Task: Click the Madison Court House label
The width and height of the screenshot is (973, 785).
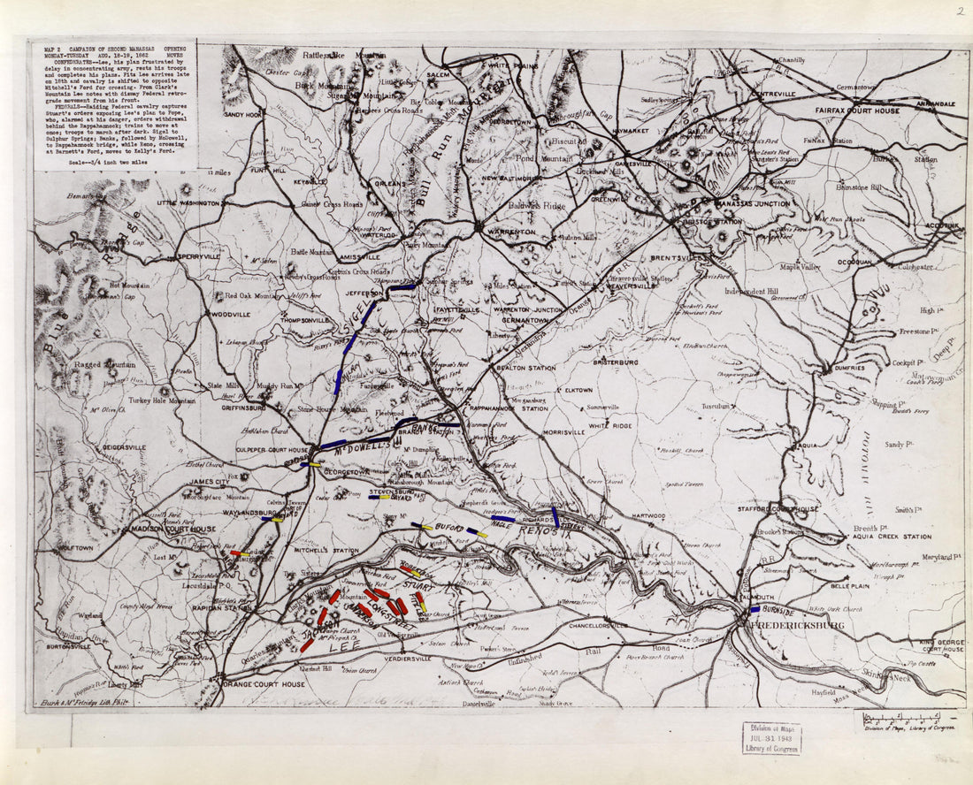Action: pos(174,529)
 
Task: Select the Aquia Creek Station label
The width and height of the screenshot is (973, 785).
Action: pos(891,537)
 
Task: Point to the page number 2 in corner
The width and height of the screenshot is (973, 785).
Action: pos(960,11)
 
